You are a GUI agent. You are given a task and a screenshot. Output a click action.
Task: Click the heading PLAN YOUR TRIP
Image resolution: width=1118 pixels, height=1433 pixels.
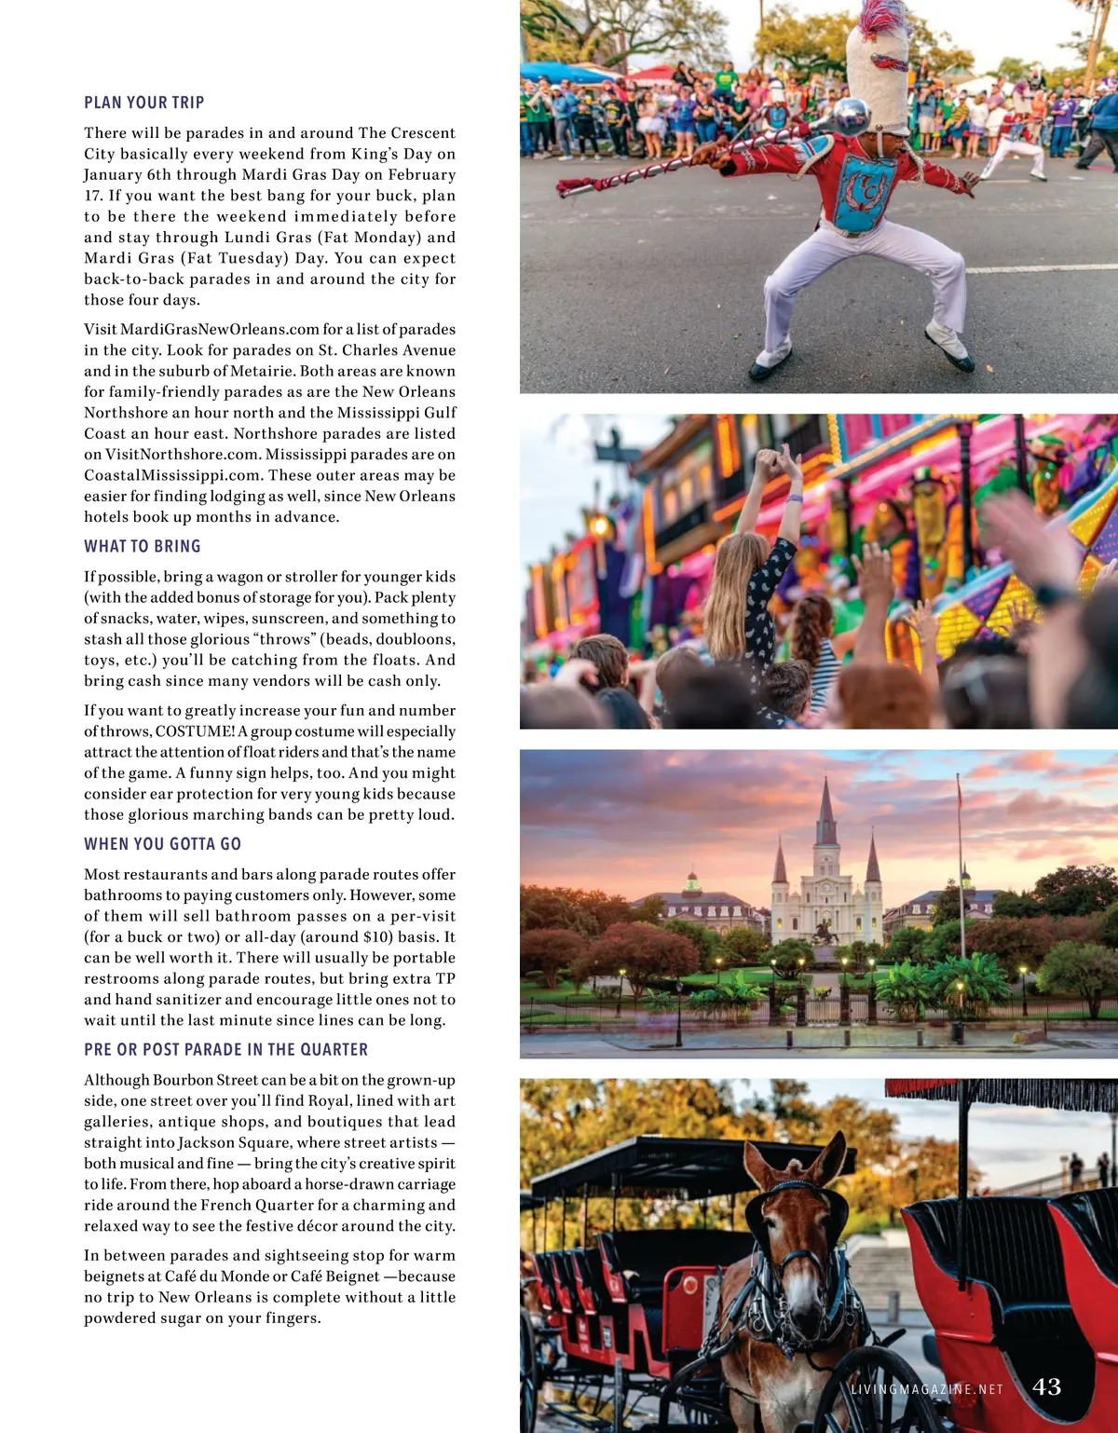(144, 102)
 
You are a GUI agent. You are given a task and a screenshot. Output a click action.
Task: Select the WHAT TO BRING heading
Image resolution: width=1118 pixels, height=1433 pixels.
(143, 546)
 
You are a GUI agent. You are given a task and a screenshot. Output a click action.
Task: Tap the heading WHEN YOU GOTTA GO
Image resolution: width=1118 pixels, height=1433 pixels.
(163, 844)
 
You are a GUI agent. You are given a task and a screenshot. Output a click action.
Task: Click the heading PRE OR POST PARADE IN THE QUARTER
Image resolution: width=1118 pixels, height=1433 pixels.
(226, 1049)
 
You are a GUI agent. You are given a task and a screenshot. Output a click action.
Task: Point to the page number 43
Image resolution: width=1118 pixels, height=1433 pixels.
(1046, 1386)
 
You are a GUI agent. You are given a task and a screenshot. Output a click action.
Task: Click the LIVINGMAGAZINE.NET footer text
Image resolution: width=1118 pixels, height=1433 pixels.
(927, 1389)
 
